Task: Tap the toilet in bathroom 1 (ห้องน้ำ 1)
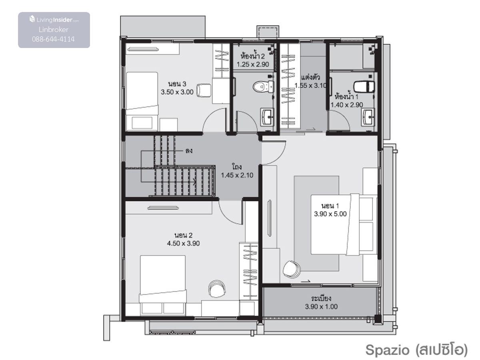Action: pyautogui.click(x=364, y=86)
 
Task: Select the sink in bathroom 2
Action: pyautogui.click(x=267, y=117)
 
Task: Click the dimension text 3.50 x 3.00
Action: pyautogui.click(x=177, y=92)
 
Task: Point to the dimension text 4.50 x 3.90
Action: pyautogui.click(x=183, y=243)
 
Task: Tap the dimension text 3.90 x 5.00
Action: pyautogui.click(x=330, y=214)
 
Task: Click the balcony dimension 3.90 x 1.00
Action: pyautogui.click(x=321, y=306)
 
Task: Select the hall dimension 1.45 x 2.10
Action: pyautogui.click(x=237, y=175)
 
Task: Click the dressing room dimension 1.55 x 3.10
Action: pyautogui.click(x=310, y=86)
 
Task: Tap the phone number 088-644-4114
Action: pyautogui.click(x=53, y=39)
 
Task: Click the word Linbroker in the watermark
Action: pyautogui.click(x=54, y=30)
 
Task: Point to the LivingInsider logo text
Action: pyautogui.click(x=54, y=20)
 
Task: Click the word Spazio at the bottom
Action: pyautogui.click(x=387, y=350)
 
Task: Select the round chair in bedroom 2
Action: pyautogui.click(x=217, y=289)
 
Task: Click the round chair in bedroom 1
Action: pyautogui.click(x=292, y=269)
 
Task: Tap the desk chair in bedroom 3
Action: pyautogui.click(x=204, y=90)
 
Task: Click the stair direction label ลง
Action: pyautogui.click(x=189, y=151)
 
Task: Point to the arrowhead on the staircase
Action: pyautogui.click(x=194, y=182)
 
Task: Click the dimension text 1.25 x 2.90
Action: pyautogui.click(x=253, y=64)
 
